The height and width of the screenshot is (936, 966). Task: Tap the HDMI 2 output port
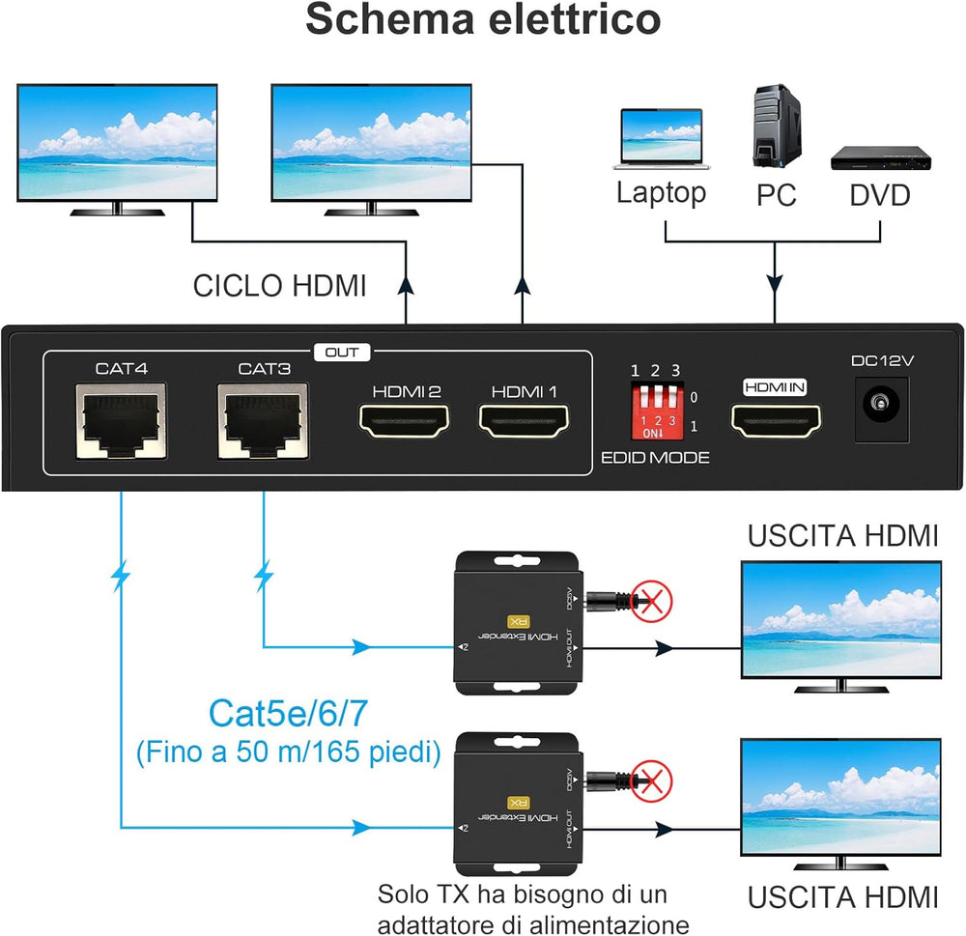(x=407, y=421)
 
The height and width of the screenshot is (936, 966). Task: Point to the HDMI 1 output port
(x=525, y=421)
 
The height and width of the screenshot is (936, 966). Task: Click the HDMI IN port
(x=776, y=422)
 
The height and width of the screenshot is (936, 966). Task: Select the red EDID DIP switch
(x=657, y=411)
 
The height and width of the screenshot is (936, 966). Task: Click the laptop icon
(x=662, y=139)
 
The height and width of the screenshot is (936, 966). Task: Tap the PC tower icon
(x=776, y=127)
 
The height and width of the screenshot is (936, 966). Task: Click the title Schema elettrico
(x=483, y=21)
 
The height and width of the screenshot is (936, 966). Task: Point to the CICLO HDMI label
(x=280, y=287)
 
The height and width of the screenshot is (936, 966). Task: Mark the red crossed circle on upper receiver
(x=652, y=601)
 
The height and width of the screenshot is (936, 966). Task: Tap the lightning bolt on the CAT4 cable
(x=121, y=578)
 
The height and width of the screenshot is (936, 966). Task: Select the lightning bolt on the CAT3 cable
(x=264, y=578)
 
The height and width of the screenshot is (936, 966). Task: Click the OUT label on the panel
(x=341, y=353)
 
